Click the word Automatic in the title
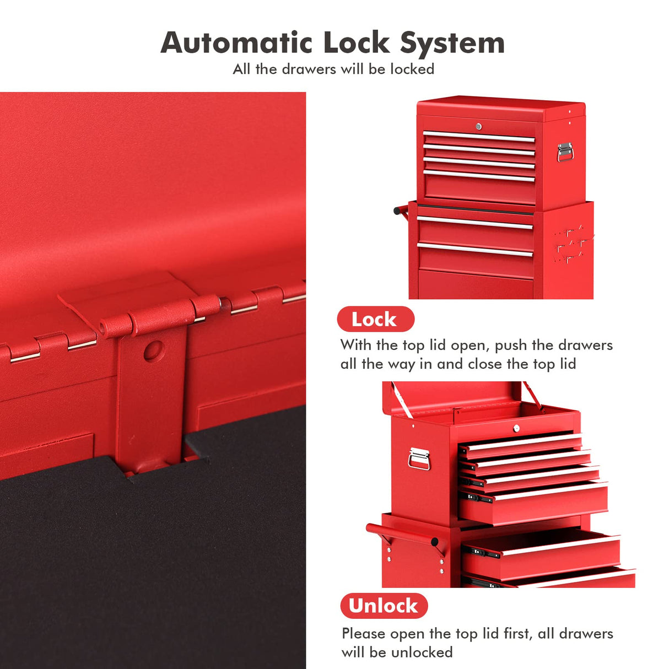(x=236, y=43)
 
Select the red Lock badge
(x=375, y=319)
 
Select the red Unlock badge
(x=384, y=606)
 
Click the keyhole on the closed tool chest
(x=478, y=127)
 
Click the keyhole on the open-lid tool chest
(x=516, y=428)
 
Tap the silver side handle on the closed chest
(x=564, y=152)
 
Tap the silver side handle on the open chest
(x=419, y=458)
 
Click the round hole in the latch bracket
(x=153, y=350)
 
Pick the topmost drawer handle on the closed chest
(x=478, y=137)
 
